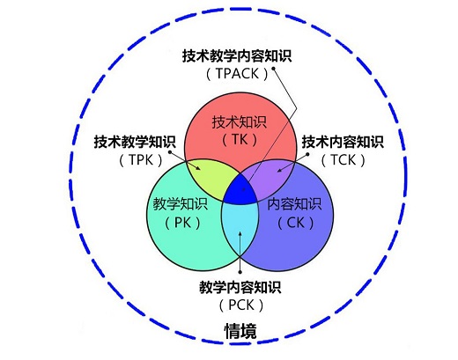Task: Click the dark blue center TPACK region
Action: [x=240, y=192]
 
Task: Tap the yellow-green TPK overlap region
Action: [x=209, y=176]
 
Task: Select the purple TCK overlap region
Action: [x=271, y=175]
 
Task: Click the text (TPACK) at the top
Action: [x=237, y=74]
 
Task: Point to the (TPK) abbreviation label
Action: [x=141, y=160]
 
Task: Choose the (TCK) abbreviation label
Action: [x=343, y=160]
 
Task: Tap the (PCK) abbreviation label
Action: [x=241, y=305]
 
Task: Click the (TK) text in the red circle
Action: [x=240, y=140]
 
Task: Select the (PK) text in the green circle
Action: [x=182, y=223]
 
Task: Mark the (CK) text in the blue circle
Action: [x=296, y=223]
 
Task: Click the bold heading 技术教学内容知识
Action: [x=237, y=56]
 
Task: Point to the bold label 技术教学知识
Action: [x=135, y=142]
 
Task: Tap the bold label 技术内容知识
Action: [x=343, y=142]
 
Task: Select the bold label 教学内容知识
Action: [x=240, y=287]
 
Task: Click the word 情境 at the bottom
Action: [x=240, y=331]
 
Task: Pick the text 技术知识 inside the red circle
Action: [x=240, y=122]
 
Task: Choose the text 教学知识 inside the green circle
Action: [x=181, y=204]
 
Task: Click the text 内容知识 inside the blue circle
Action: [x=294, y=204]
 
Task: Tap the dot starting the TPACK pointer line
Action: [x=273, y=69]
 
